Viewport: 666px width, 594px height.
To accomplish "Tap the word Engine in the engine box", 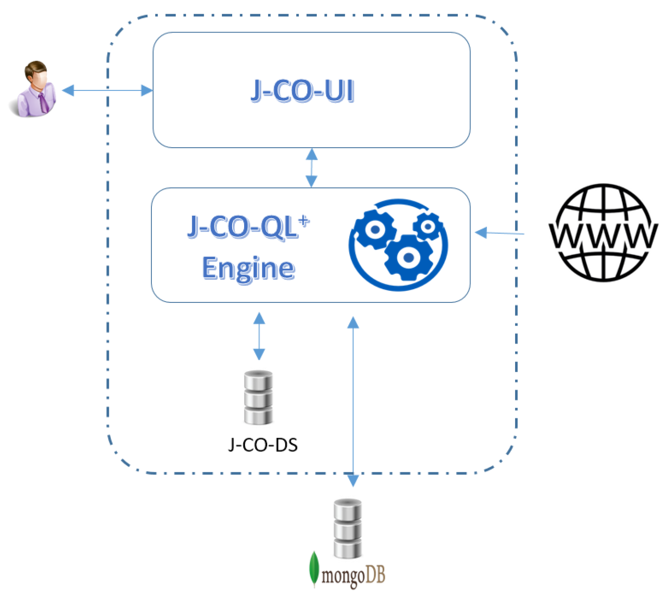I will (x=248, y=268).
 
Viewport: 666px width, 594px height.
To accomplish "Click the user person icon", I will (x=34, y=90).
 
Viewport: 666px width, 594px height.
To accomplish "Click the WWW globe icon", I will (x=603, y=233).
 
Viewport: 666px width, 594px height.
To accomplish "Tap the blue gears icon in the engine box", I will (x=398, y=245).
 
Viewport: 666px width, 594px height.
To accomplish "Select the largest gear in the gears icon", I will (x=408, y=257).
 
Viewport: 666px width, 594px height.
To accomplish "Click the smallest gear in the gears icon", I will (x=428, y=226).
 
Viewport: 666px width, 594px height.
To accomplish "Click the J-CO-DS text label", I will (x=263, y=445).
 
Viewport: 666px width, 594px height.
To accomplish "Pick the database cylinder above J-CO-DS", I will (x=258, y=397).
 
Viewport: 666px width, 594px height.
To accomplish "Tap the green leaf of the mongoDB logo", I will (x=314, y=568).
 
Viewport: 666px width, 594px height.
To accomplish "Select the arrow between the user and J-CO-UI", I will (x=107, y=90).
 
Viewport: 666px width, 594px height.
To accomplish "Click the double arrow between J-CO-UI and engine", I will (x=311, y=167).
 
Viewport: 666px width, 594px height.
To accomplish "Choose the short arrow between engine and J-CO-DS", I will (x=259, y=336).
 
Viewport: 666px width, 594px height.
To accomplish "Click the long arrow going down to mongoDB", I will (x=353, y=400).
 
